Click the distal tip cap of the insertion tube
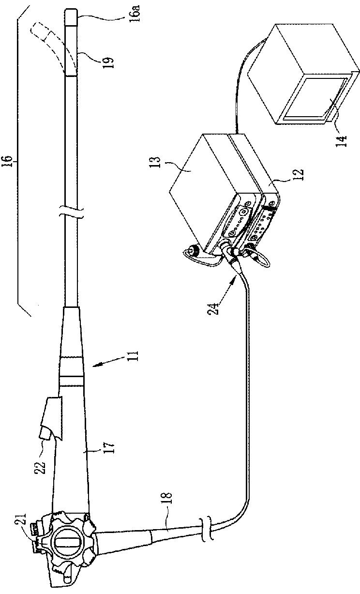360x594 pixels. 71,18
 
